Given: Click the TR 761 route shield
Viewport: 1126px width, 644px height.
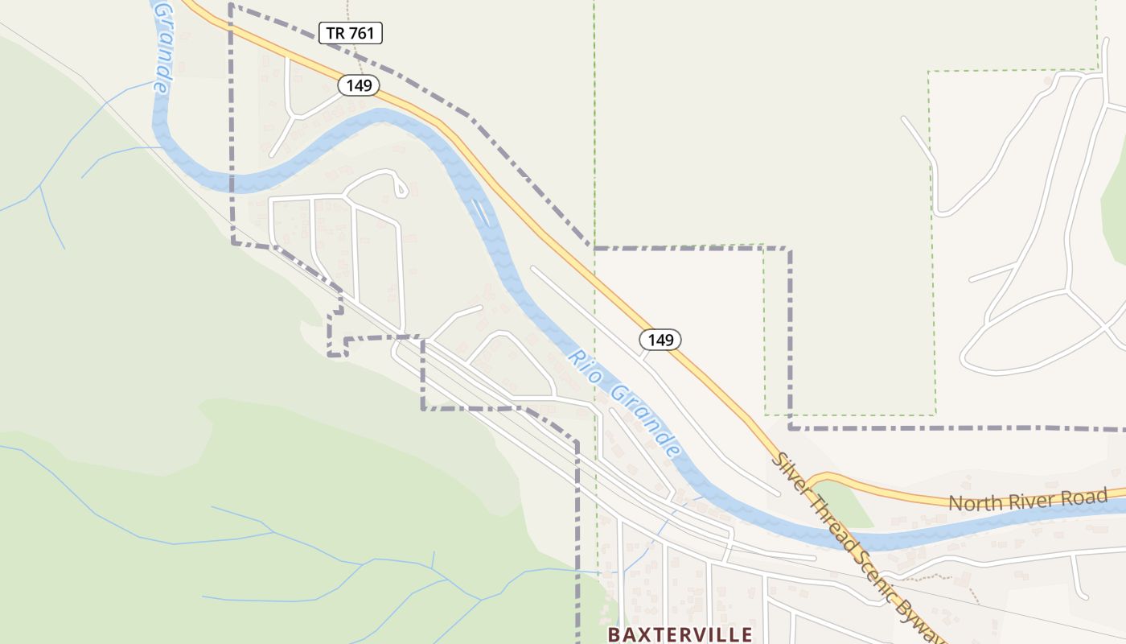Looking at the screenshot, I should click(x=350, y=33).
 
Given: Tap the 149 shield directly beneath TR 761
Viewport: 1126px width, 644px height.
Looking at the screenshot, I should click(x=358, y=85).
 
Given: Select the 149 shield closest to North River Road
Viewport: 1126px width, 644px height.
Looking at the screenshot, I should click(x=660, y=340).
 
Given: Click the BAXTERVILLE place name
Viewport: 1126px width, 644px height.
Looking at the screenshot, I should click(x=680, y=634).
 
